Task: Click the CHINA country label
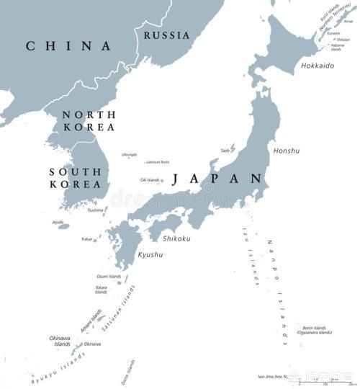click(x=69, y=46)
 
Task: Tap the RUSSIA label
click(x=167, y=35)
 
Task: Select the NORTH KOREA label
click(x=89, y=120)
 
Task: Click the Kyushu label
click(x=149, y=255)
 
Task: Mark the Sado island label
click(x=225, y=151)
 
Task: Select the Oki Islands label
click(x=150, y=180)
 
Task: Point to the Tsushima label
click(x=95, y=210)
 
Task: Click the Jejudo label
click(x=58, y=222)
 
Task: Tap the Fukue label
click(x=87, y=238)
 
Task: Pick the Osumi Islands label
click(x=107, y=276)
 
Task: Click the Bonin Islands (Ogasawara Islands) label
click(x=317, y=330)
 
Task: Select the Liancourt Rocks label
click(x=158, y=162)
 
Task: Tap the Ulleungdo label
click(x=129, y=155)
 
